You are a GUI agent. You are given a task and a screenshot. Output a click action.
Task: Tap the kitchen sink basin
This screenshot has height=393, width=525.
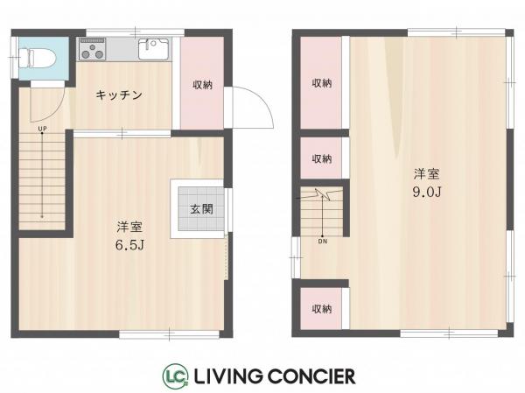click(x=148, y=49)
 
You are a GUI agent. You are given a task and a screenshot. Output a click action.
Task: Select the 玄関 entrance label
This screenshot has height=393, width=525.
click(x=200, y=210)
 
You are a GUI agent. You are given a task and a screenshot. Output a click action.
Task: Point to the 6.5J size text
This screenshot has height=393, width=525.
click(x=129, y=243)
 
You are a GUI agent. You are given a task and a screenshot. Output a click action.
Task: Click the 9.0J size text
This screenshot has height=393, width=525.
click(x=426, y=191)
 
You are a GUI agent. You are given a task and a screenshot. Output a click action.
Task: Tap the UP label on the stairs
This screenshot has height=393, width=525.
click(x=41, y=130)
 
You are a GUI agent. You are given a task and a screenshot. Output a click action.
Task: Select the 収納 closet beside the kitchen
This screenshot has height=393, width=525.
click(x=202, y=85)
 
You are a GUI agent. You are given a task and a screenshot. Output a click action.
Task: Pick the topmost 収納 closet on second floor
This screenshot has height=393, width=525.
click(x=322, y=83)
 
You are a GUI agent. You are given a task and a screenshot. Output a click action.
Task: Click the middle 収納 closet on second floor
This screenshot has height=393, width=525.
click(x=322, y=158)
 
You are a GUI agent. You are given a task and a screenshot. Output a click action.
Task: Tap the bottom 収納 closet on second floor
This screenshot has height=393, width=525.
click(x=322, y=309)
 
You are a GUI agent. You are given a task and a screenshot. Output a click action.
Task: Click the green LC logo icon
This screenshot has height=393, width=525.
click(x=171, y=376)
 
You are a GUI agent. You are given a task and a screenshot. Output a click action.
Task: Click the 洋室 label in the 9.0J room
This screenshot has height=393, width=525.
click(x=426, y=173)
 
